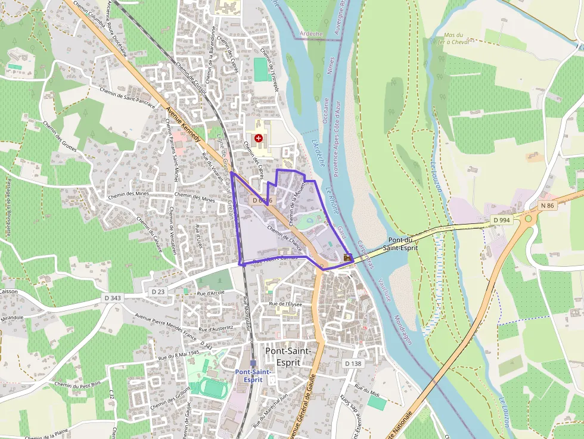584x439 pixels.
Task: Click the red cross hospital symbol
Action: click(258, 138)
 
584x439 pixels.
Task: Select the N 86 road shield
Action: click(548, 206)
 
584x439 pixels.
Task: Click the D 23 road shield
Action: click(158, 292)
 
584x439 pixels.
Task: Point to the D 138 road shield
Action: click(353, 363)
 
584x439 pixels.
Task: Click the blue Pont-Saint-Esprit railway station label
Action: click(253, 375)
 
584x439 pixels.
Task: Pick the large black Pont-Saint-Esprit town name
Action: click(288, 356)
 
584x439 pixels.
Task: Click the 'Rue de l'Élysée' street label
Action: click(287, 304)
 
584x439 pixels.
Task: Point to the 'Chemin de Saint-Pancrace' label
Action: click(129, 96)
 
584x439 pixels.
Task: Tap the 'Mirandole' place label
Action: click(13, 317)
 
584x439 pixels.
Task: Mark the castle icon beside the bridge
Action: click(348, 257)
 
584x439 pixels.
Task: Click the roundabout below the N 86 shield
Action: click(528, 219)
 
